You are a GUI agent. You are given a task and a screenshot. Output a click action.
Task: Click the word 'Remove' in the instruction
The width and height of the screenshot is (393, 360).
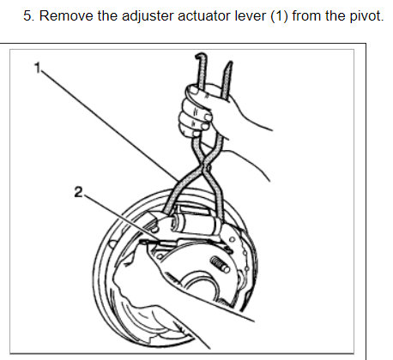66,15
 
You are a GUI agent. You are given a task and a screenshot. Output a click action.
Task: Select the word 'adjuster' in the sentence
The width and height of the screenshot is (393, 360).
148,16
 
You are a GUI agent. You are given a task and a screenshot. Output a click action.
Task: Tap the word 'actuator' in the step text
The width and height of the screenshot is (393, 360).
204,15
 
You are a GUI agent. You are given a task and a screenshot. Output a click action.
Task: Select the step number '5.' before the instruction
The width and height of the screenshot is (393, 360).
29,15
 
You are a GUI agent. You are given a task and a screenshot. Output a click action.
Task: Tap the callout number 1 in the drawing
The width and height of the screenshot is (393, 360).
38,68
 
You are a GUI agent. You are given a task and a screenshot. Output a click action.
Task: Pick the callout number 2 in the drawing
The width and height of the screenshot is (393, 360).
78,192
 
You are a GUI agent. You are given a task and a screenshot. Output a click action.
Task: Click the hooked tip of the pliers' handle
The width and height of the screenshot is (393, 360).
200,55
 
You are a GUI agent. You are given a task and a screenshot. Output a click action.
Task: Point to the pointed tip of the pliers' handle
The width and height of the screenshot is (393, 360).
230,63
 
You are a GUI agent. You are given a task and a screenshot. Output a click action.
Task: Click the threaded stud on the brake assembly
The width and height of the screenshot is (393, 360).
220,265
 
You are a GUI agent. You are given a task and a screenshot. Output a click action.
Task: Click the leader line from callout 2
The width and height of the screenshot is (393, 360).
121,218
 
